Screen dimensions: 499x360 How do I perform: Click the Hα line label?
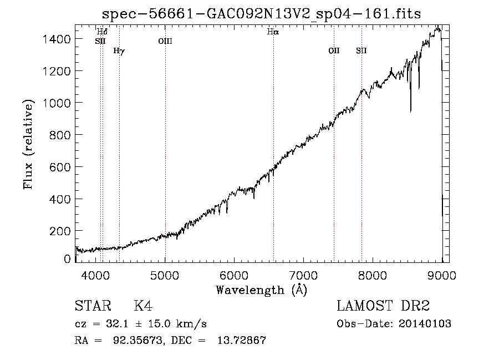tap(273, 32)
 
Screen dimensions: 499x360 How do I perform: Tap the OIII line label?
tap(165, 41)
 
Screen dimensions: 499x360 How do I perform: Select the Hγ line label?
tap(119, 51)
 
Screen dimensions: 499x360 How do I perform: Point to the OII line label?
tap(334, 50)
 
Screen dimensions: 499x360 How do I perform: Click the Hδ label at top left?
tap(102, 32)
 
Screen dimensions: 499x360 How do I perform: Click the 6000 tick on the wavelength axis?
tap(234, 275)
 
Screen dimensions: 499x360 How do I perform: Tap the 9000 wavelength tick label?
tap(441, 275)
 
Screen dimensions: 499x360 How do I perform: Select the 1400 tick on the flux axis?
tap(57, 39)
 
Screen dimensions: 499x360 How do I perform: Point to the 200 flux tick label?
tap(60, 231)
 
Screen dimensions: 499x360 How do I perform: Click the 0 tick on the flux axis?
tap(67, 258)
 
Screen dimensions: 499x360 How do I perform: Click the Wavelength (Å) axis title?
tap(262, 290)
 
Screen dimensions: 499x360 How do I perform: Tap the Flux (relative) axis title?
tap(28, 145)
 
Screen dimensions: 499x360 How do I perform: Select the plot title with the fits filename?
tap(261, 14)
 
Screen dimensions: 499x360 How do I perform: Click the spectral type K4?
tap(143, 306)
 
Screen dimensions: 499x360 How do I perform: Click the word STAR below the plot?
tap(93, 306)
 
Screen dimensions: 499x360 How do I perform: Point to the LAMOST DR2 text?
tap(383, 306)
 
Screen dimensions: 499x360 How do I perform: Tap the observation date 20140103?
tap(425, 324)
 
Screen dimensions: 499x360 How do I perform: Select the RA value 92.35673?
tap(139, 341)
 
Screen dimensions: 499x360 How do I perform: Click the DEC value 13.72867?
tap(242, 340)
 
